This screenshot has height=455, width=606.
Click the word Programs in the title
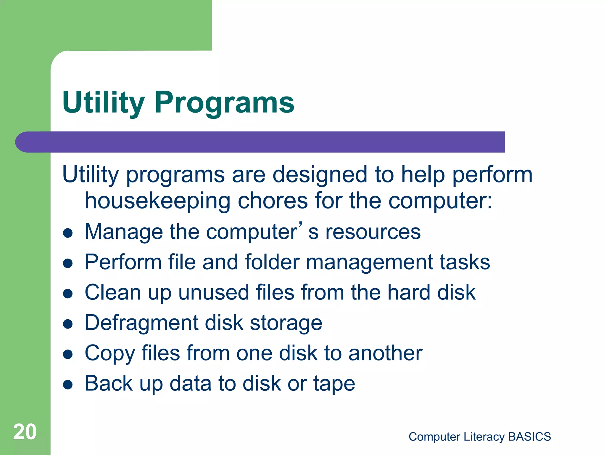coord(224,102)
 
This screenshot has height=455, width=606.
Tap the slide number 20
coord(25,432)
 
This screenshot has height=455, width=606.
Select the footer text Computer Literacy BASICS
coord(479,437)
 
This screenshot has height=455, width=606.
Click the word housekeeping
coord(157,201)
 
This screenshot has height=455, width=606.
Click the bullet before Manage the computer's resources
coord(68,233)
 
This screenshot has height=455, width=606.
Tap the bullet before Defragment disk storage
coord(68,324)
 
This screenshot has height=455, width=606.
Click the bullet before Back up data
coord(68,384)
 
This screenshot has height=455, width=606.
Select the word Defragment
coord(141,323)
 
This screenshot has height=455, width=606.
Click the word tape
coord(334,384)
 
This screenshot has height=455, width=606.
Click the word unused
coord(213,292)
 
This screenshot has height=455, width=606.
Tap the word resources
coord(373,232)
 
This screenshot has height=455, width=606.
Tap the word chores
coord(273,201)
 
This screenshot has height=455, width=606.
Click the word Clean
coord(112,292)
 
